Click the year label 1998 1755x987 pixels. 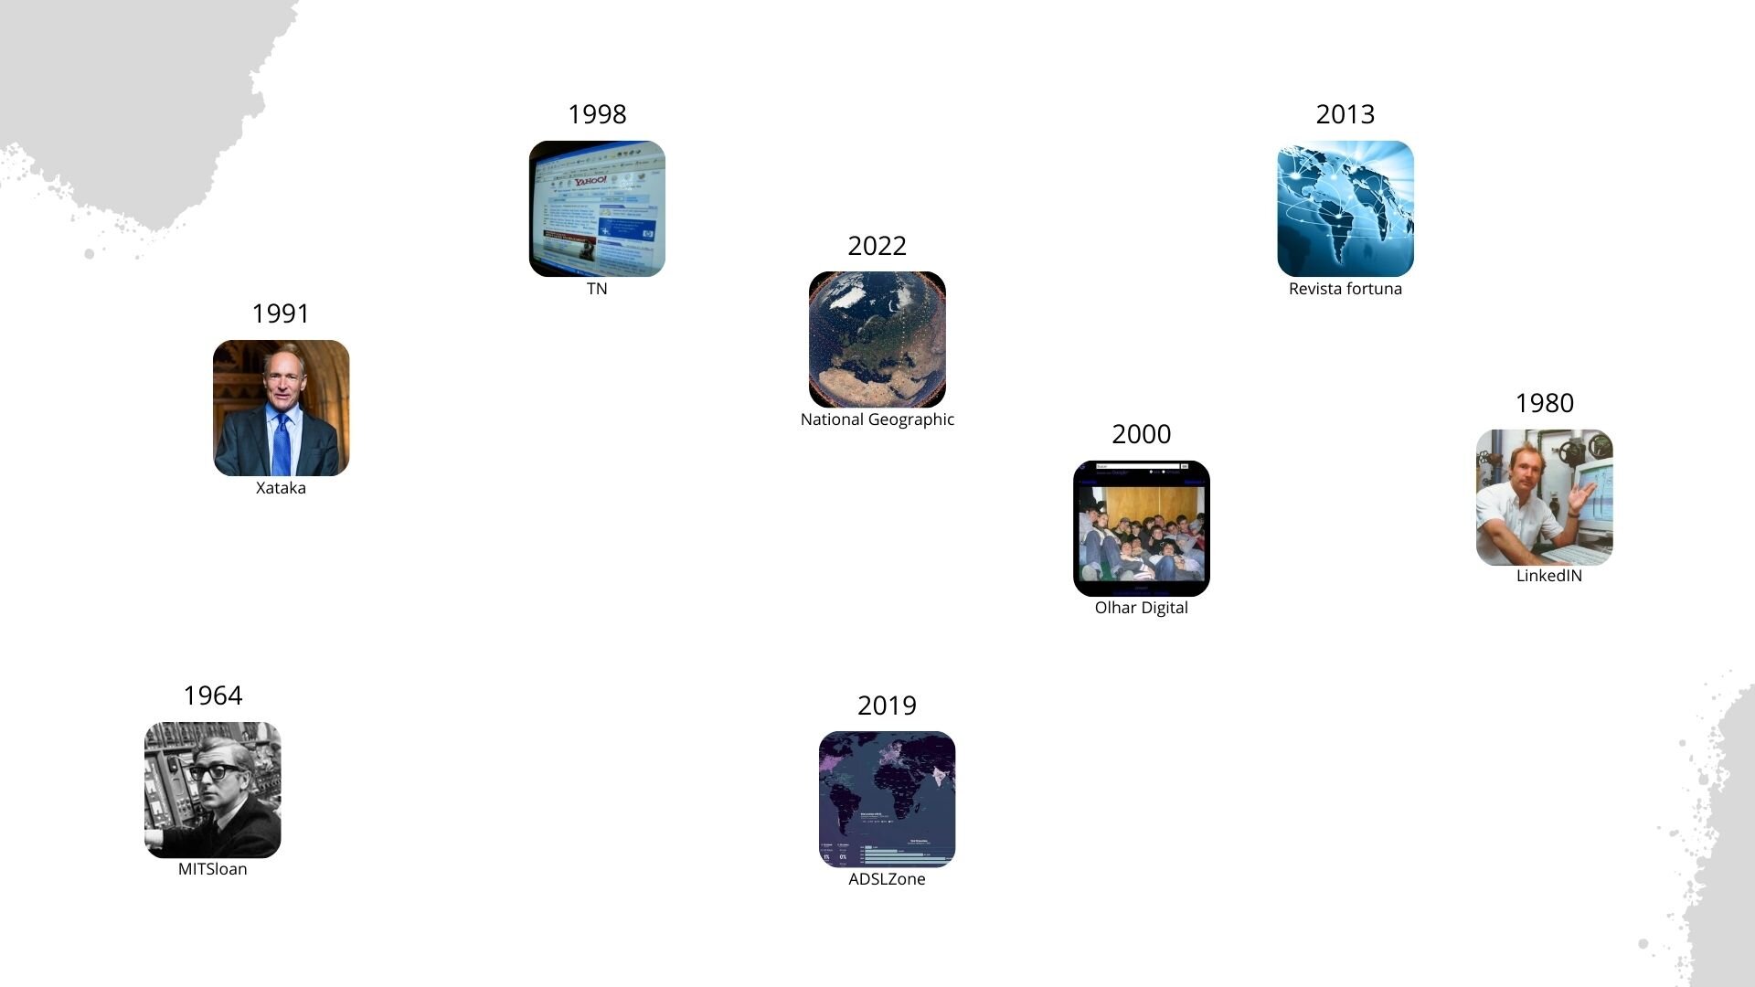(597, 114)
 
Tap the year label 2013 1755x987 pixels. (1345, 114)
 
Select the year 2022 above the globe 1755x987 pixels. (877, 246)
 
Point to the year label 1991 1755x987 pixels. (281, 313)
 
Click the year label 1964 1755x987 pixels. (212, 695)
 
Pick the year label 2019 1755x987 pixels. (887, 706)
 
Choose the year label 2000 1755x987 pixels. (1141, 434)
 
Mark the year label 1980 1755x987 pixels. (1544, 403)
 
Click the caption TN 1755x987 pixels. (597, 289)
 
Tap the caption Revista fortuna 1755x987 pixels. (1345, 289)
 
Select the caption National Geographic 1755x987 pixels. (877, 419)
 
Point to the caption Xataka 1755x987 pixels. (281, 488)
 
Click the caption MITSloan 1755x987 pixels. (212, 869)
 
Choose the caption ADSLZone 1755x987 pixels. (887, 879)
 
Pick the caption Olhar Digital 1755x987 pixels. (1141, 608)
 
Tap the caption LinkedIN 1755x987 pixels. (1548, 576)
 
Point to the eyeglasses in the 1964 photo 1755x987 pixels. (215, 771)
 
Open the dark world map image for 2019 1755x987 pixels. (887, 798)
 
